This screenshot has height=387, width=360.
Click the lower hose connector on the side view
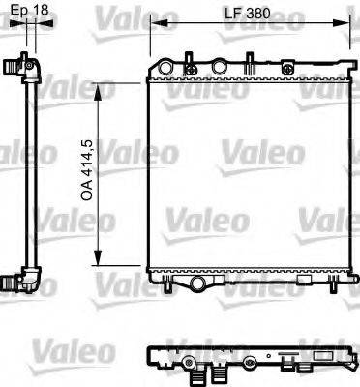[16, 283]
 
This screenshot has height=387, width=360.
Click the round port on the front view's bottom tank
[198, 282]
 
